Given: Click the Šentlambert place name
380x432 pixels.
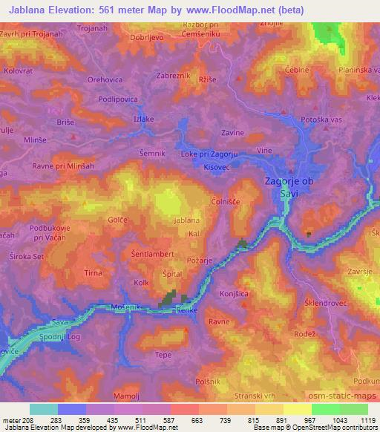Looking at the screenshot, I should click(x=152, y=253).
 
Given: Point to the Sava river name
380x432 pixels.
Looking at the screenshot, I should click(x=61, y=323).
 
